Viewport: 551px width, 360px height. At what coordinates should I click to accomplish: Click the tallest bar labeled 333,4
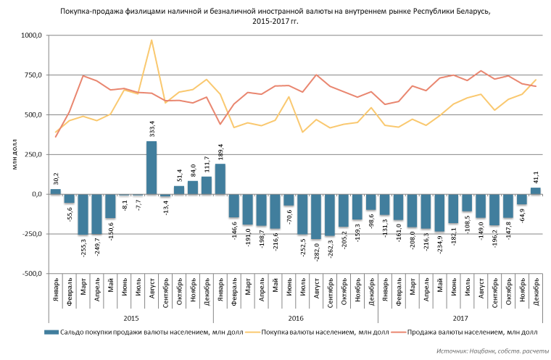152,167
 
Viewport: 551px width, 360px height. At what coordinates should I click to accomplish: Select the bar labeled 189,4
220,179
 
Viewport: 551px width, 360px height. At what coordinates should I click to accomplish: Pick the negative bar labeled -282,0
316,217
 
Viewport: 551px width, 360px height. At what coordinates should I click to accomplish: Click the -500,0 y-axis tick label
30,274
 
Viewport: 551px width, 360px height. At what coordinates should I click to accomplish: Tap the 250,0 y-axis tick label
32,155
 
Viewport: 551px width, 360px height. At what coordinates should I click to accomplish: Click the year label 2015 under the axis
130,317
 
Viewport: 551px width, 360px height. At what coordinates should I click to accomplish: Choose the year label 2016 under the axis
295,317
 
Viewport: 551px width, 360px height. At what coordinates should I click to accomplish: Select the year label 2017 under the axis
460,317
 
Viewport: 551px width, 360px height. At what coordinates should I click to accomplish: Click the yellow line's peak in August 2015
152,40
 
